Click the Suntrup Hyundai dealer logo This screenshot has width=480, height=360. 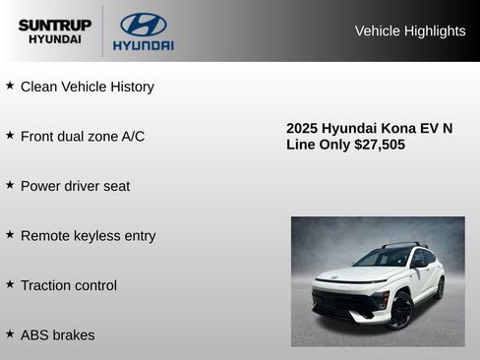click(x=54, y=31)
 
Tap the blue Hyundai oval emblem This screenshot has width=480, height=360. click(x=143, y=25)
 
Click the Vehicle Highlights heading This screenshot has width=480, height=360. click(x=409, y=31)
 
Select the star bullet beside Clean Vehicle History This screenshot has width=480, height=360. click(x=10, y=86)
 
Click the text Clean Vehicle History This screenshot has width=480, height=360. click(x=88, y=87)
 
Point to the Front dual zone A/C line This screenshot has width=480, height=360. click(x=83, y=136)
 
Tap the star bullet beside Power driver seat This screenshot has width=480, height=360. click(x=10, y=185)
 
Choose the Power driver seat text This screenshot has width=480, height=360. click(x=75, y=186)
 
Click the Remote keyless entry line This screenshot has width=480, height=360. click(x=88, y=236)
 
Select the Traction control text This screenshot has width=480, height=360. click(x=69, y=285)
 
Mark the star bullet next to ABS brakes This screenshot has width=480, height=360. click(x=10, y=334)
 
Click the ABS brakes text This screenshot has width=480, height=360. click(x=58, y=335)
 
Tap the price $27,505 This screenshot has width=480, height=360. click(x=380, y=145)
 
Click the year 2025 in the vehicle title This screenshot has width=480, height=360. click(x=302, y=128)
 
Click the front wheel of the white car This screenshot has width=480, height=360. click(x=400, y=311)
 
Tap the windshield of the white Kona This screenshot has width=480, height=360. click(x=384, y=258)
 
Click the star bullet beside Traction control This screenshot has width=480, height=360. click(x=10, y=284)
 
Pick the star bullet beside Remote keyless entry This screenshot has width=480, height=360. click(x=10, y=235)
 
